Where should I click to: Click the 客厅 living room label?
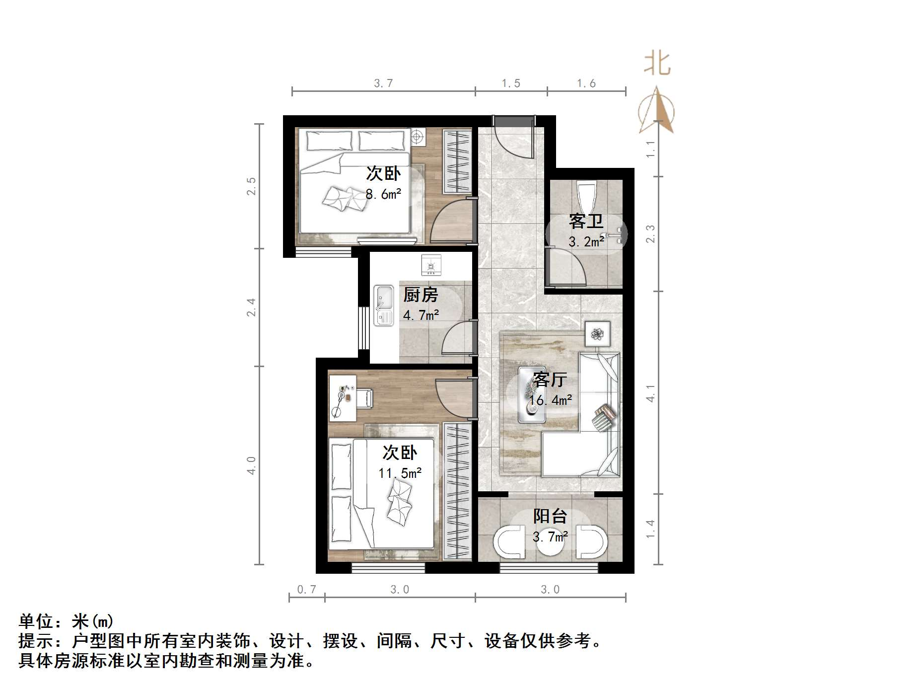click(550, 380)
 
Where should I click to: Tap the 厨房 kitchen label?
click(421, 295)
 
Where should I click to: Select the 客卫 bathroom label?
click(586, 222)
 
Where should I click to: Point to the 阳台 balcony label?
click(550, 517)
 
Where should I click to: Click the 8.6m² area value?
click(383, 194)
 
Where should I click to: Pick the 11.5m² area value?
click(400, 473)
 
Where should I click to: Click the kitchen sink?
click(383, 305)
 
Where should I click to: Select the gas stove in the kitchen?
click(430, 265)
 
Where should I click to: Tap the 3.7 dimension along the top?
click(383, 83)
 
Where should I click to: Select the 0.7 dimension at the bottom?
click(306, 590)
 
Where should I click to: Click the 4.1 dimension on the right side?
click(650, 393)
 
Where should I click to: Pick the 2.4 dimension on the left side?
click(251, 307)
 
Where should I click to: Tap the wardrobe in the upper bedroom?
click(457, 161)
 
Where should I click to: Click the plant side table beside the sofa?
click(597, 334)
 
